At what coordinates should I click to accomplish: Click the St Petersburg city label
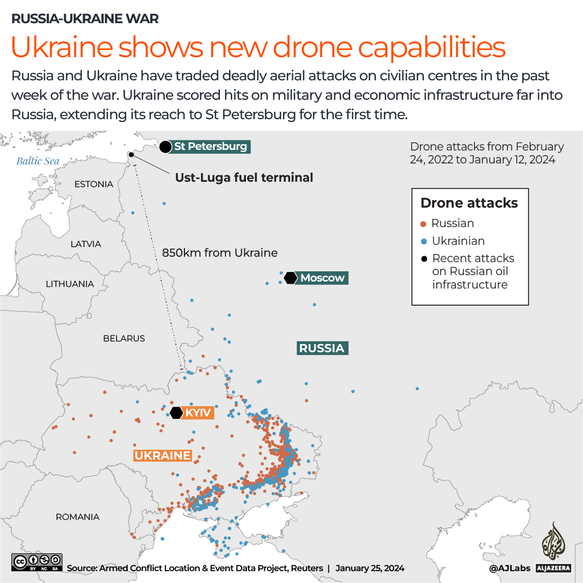(x=210, y=146)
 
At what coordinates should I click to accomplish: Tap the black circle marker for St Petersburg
(x=166, y=147)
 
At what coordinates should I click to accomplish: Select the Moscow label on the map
(x=323, y=278)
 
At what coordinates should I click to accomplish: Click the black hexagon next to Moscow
(x=291, y=278)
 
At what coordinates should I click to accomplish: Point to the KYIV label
(x=199, y=413)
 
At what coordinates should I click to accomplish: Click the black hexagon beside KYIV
(x=176, y=413)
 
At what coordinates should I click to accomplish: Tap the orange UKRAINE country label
(x=162, y=456)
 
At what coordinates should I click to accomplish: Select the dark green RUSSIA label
(x=322, y=348)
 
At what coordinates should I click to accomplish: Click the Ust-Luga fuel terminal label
(x=244, y=177)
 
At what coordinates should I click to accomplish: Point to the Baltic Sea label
(x=38, y=161)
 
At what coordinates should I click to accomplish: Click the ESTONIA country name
(x=94, y=184)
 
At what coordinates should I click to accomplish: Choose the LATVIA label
(x=86, y=244)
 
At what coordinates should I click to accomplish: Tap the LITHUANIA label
(x=70, y=284)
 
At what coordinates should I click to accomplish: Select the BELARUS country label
(x=124, y=339)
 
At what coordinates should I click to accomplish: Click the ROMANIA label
(x=78, y=517)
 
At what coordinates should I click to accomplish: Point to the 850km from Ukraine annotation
(x=220, y=252)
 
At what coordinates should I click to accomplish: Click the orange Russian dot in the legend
(x=423, y=224)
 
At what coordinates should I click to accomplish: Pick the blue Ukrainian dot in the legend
(x=423, y=242)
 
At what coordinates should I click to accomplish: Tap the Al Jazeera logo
(x=552, y=547)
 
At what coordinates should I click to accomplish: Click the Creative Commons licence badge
(x=37, y=562)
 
